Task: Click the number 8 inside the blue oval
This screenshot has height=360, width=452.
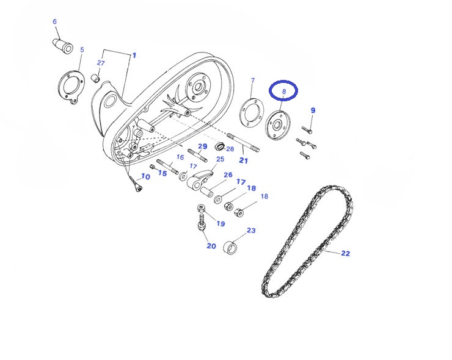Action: point(284,92)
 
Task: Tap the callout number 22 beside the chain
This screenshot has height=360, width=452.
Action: point(345,253)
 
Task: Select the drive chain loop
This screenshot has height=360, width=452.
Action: point(307,242)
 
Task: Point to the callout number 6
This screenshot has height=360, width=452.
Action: point(55,21)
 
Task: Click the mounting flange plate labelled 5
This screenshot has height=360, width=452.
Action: point(71,87)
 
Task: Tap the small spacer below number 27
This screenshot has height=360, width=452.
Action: point(96,78)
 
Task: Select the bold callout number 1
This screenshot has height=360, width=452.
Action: point(134,56)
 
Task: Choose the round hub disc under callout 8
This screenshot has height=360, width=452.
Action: point(277,125)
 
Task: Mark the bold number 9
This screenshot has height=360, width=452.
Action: point(313,110)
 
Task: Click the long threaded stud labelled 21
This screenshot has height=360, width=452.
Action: point(243,142)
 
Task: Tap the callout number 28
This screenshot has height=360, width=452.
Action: point(230,149)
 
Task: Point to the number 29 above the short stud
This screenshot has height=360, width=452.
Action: point(203,146)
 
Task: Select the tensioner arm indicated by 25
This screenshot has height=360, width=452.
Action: point(200,180)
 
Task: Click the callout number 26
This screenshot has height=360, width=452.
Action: point(228,175)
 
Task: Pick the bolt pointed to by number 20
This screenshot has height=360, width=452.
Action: point(202,221)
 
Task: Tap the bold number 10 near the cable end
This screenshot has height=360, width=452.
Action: point(145,176)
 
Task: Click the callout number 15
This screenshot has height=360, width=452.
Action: point(162,173)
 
